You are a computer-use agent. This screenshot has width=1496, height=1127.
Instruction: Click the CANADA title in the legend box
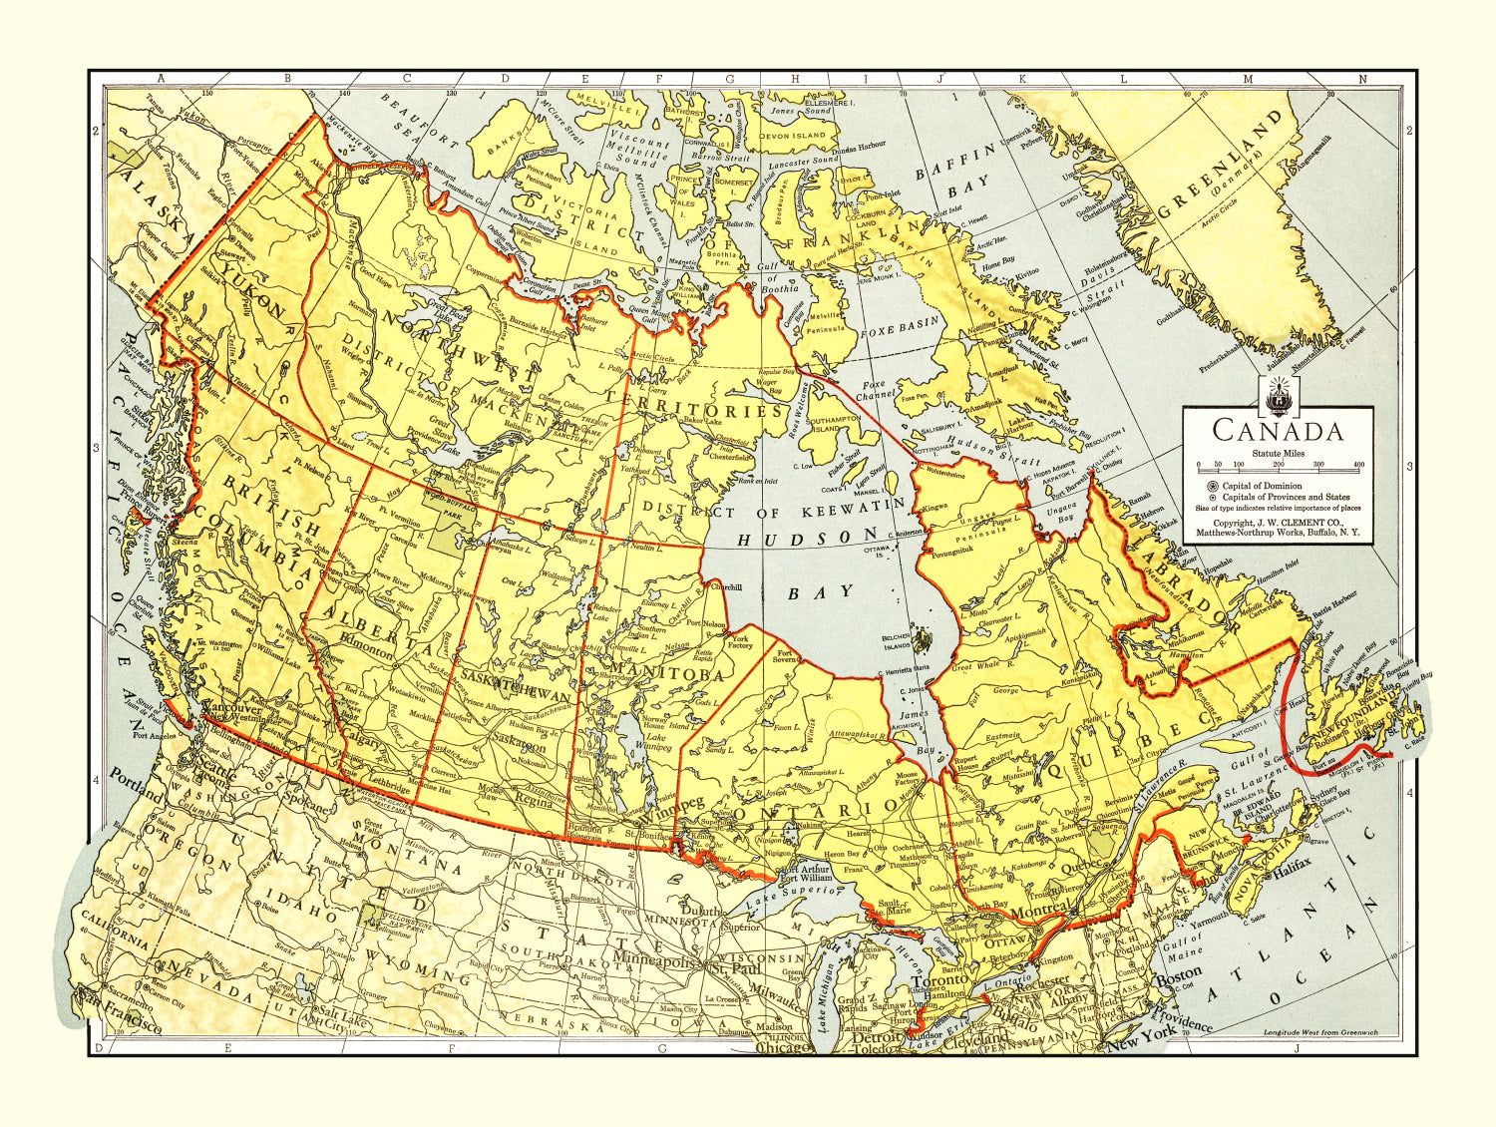pyautogui.click(x=1278, y=431)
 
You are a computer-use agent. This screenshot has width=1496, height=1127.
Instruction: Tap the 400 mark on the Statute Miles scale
pyautogui.click(x=1358, y=465)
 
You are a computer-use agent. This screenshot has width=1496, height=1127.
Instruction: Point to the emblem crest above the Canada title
pyautogui.click(x=1278, y=398)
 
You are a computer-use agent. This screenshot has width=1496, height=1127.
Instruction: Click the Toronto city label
pyautogui.click(x=936, y=981)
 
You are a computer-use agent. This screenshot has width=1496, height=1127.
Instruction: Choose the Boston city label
pyautogui.click(x=1178, y=978)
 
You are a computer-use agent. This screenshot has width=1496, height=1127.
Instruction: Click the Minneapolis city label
pyautogui.click(x=653, y=963)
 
